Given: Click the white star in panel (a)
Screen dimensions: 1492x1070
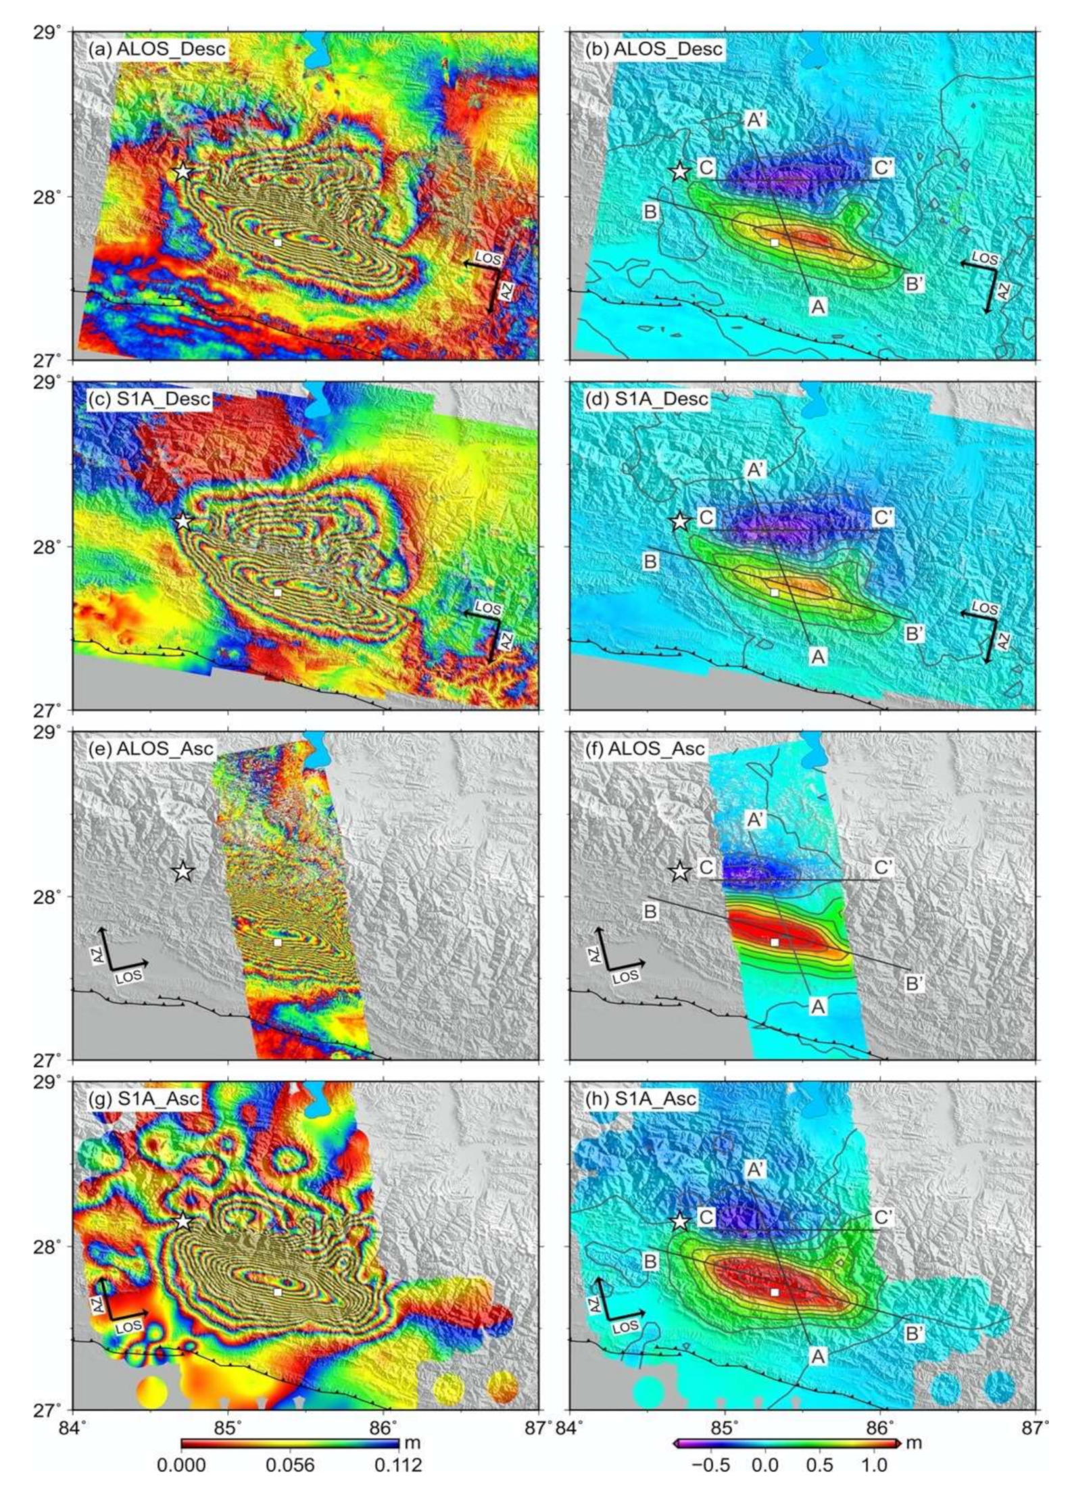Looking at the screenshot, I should [183, 171].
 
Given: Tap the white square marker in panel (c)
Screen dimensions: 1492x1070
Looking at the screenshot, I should [278, 592].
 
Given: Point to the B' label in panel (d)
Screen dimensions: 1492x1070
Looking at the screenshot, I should [915, 634].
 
